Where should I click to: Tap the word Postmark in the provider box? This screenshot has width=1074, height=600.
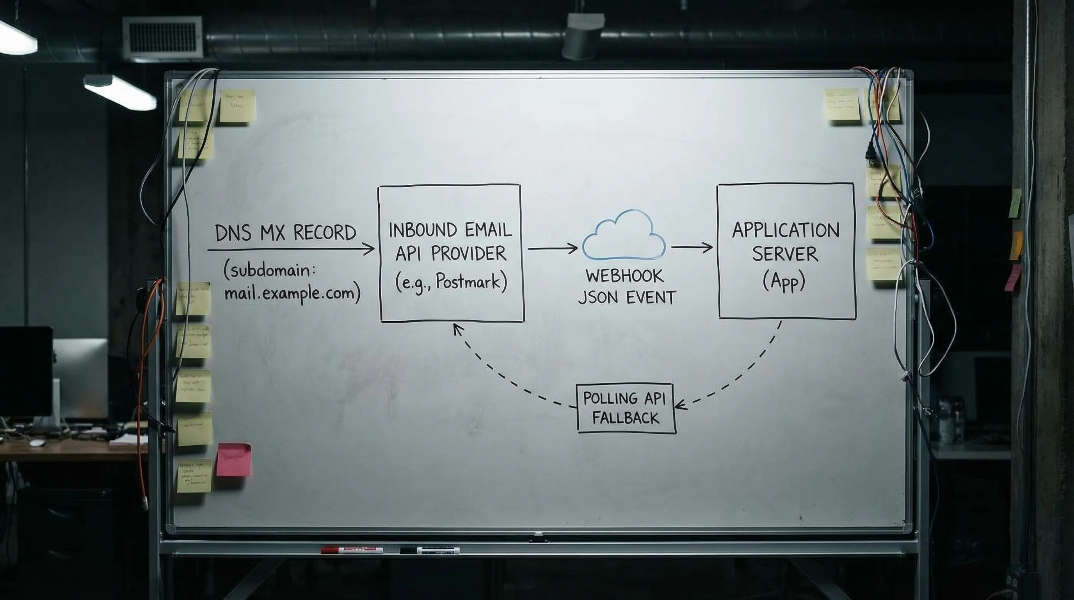468,282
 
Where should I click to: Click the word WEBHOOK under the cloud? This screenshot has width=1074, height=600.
624,276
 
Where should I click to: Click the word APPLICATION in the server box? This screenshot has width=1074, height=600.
786,231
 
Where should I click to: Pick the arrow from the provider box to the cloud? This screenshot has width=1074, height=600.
553,248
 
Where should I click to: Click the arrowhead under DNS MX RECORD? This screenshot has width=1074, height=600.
369,250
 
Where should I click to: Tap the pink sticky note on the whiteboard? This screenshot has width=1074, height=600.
234,460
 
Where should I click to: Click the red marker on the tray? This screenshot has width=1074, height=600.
352,550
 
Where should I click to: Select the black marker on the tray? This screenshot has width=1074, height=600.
429,550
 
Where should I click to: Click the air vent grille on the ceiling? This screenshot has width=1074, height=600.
163,37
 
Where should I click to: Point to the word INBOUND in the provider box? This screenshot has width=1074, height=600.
417,230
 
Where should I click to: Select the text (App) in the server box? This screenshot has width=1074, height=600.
784,282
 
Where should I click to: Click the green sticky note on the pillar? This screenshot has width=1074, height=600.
1015,203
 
